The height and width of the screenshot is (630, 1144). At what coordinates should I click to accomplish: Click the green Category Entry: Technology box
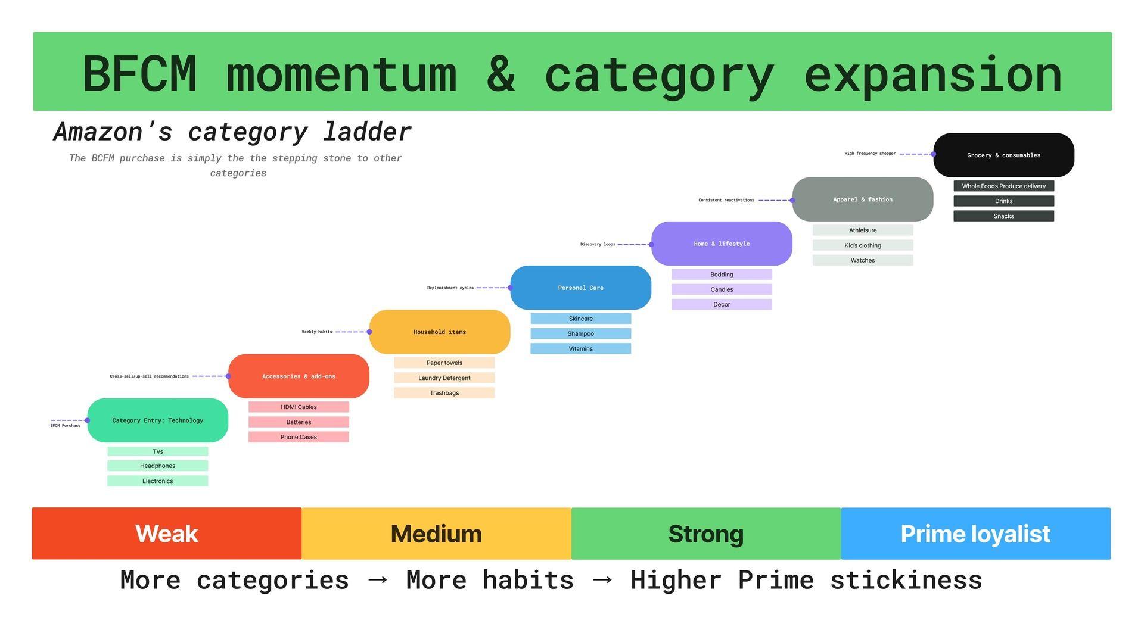[x=157, y=420]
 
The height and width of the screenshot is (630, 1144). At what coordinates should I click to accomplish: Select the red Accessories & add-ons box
[x=299, y=376]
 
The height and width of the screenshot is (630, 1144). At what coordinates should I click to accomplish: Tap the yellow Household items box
[x=440, y=332]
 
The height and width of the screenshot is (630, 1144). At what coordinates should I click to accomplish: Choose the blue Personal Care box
[x=580, y=288]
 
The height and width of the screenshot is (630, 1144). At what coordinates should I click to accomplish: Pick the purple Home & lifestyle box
[x=722, y=244]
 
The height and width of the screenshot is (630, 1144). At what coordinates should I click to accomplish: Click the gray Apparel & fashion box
[x=863, y=199]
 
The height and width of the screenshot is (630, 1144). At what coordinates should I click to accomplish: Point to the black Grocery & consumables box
[x=1003, y=155]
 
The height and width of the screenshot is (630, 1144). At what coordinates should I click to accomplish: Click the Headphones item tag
[x=157, y=466]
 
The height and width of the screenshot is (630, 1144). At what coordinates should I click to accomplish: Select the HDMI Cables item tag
[x=299, y=407]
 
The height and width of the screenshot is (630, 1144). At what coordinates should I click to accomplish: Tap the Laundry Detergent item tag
[x=444, y=378]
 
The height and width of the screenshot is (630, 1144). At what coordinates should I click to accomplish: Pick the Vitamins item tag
[x=580, y=349]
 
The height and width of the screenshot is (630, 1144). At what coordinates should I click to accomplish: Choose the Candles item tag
[x=722, y=289]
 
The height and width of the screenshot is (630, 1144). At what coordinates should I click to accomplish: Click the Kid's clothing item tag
[x=862, y=245]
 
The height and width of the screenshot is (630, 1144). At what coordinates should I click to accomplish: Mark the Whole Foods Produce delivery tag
[x=1003, y=186]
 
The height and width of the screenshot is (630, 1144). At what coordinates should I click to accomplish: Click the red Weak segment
[x=167, y=534]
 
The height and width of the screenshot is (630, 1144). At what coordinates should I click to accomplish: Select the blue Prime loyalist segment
[x=975, y=534]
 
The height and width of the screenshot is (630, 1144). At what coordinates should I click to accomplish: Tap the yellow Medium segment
[x=436, y=534]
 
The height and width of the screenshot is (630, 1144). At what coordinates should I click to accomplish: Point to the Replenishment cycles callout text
[x=450, y=288]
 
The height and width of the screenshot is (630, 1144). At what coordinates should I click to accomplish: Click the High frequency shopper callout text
[x=869, y=154]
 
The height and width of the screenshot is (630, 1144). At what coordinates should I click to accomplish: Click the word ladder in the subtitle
[x=367, y=132]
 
